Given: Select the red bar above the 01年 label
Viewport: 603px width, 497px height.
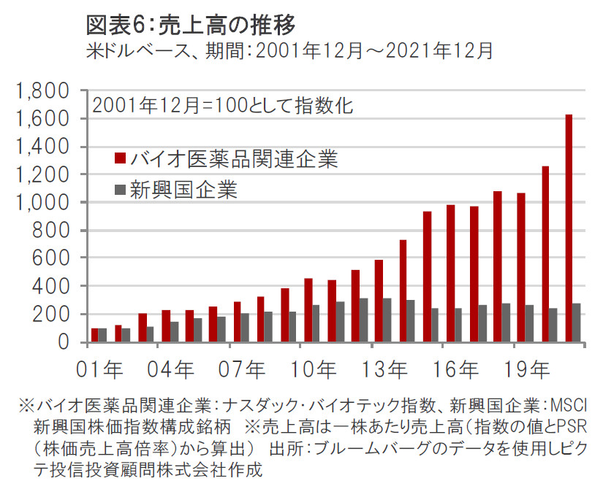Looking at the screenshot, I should click(x=94, y=335).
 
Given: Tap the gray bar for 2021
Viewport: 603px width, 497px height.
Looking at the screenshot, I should click(x=577, y=323).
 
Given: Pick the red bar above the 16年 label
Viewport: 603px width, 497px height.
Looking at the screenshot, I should click(x=450, y=274).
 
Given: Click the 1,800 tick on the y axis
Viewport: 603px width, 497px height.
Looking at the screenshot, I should click(x=46, y=91).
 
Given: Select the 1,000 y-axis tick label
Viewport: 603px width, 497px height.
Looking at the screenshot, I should click(x=46, y=203).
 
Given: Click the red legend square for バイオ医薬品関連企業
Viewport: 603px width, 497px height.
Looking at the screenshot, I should click(x=120, y=158).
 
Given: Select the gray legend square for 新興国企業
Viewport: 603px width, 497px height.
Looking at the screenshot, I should click(x=120, y=190).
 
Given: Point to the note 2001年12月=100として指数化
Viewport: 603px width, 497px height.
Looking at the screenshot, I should click(x=223, y=105).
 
